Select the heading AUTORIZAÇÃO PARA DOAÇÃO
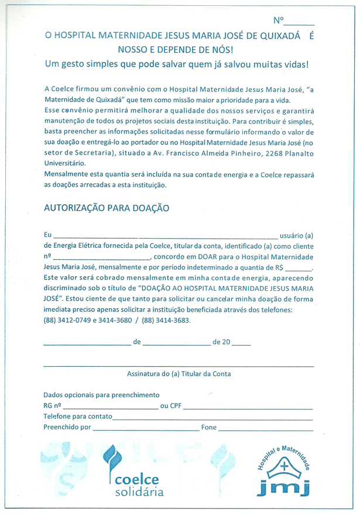(107, 208)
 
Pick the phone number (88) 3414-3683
(167, 321)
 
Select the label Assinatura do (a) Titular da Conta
(179, 374)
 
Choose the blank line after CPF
(248, 407)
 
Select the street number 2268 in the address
(257, 154)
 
